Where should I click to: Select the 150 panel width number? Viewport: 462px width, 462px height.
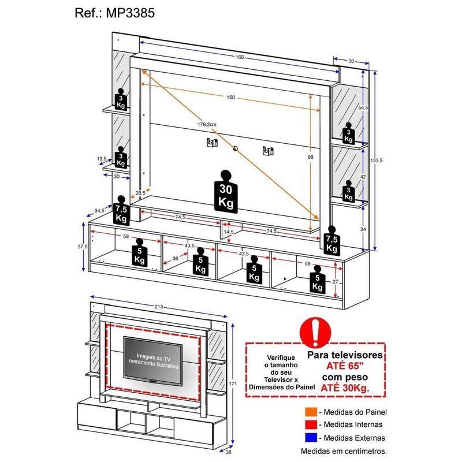coord(231,98)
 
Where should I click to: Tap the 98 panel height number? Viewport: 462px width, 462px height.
coord(311,157)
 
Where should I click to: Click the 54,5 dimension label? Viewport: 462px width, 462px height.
coord(363,108)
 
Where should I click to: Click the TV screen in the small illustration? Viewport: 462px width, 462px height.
coord(154,363)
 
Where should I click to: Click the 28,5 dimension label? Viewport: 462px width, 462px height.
coord(140,193)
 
